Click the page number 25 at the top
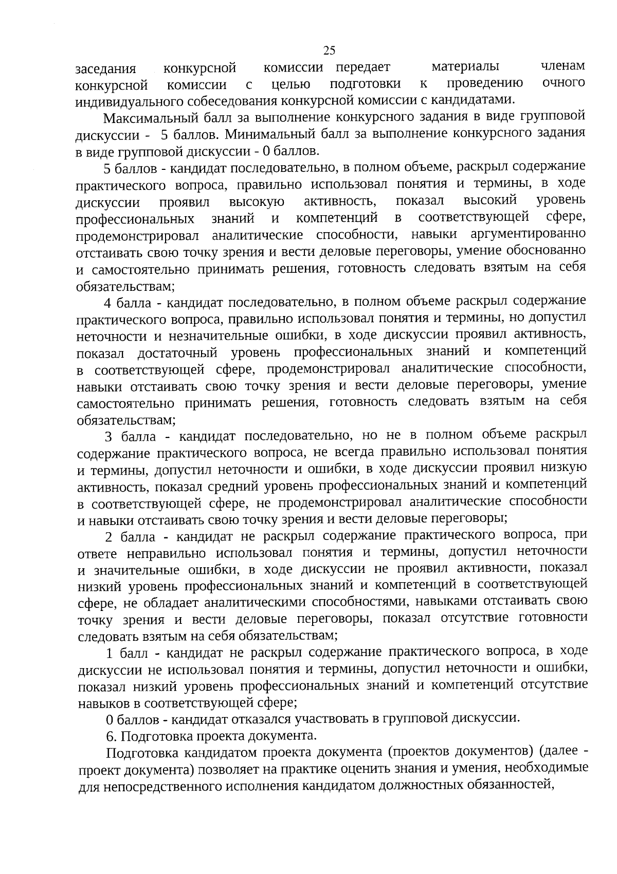(x=329, y=50)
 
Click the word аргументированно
(x=528, y=234)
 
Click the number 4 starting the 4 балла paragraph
(x=107, y=302)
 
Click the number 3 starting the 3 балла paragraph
(x=108, y=438)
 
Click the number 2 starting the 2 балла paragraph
(x=108, y=538)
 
